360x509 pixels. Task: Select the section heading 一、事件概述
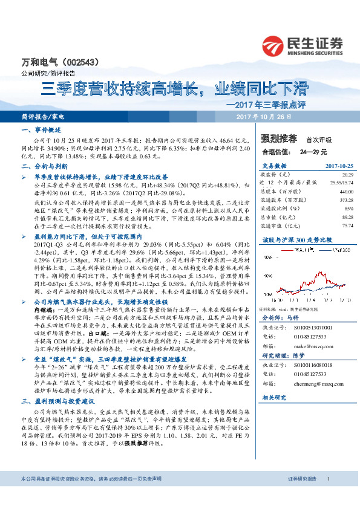38,131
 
